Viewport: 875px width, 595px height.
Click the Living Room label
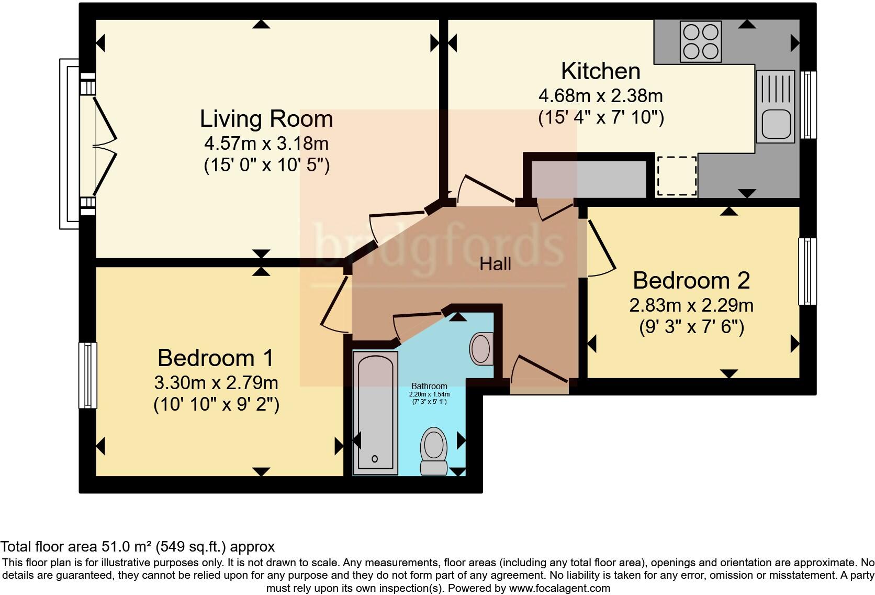tap(266, 119)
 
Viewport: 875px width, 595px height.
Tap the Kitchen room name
tap(600, 71)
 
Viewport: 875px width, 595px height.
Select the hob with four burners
tap(701, 41)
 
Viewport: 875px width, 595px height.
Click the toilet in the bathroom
tap(433, 450)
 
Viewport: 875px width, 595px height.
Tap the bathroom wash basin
tap(480, 349)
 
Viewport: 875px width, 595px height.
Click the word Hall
tap(495, 264)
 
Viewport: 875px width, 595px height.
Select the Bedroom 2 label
tap(691, 281)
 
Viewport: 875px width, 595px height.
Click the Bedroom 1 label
tap(215, 358)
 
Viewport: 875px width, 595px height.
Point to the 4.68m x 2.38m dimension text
tap(600, 96)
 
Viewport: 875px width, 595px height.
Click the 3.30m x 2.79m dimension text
tap(216, 383)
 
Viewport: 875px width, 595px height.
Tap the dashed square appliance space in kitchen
tap(676, 176)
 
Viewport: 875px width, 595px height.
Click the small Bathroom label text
tap(429, 386)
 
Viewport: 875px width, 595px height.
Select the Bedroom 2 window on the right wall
tap(807, 271)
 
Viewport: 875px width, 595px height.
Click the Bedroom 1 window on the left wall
tap(88, 375)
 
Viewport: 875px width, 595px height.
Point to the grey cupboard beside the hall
tap(589, 179)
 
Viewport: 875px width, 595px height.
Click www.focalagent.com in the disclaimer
tap(559, 588)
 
